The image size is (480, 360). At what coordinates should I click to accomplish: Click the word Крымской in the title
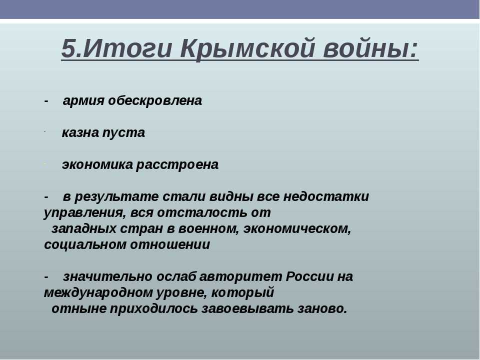point(248,49)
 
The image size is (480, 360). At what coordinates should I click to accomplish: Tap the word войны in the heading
point(370,48)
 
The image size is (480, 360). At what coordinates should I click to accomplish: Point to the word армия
point(83,101)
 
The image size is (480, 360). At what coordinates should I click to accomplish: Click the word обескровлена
point(155,100)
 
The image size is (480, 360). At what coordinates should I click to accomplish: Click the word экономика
point(97,164)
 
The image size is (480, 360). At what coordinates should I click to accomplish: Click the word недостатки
point(326,196)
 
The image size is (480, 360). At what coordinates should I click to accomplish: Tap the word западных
point(84,229)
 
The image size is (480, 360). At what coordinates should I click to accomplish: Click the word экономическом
point(297,229)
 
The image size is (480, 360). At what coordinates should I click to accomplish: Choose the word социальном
point(85,245)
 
